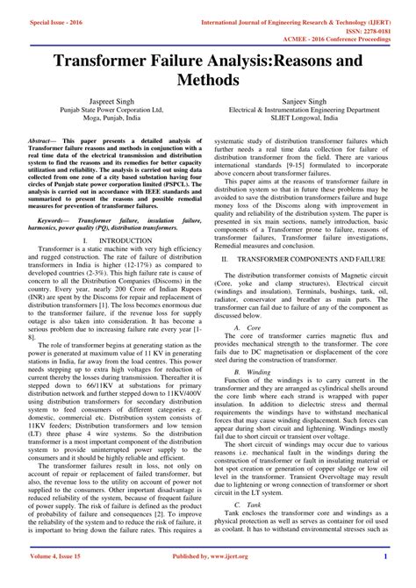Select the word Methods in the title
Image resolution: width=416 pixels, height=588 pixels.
click(208, 80)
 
